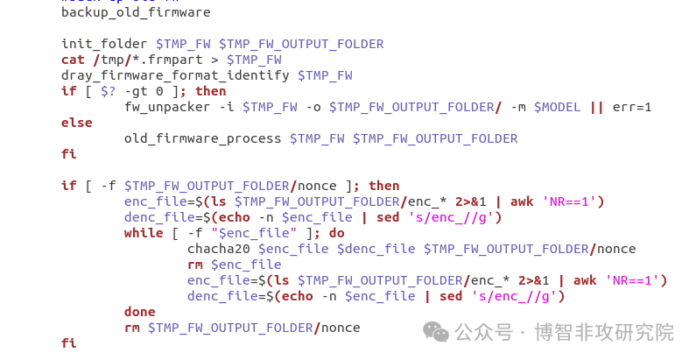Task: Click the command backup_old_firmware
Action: pos(136,13)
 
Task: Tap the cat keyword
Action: pos(73,60)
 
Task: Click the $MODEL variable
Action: pos(557,107)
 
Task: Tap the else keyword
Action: pos(76,123)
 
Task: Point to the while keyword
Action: pos(144,233)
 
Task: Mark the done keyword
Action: pos(140,312)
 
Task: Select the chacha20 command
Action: pos(218,249)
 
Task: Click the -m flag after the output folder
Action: pos(517,107)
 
